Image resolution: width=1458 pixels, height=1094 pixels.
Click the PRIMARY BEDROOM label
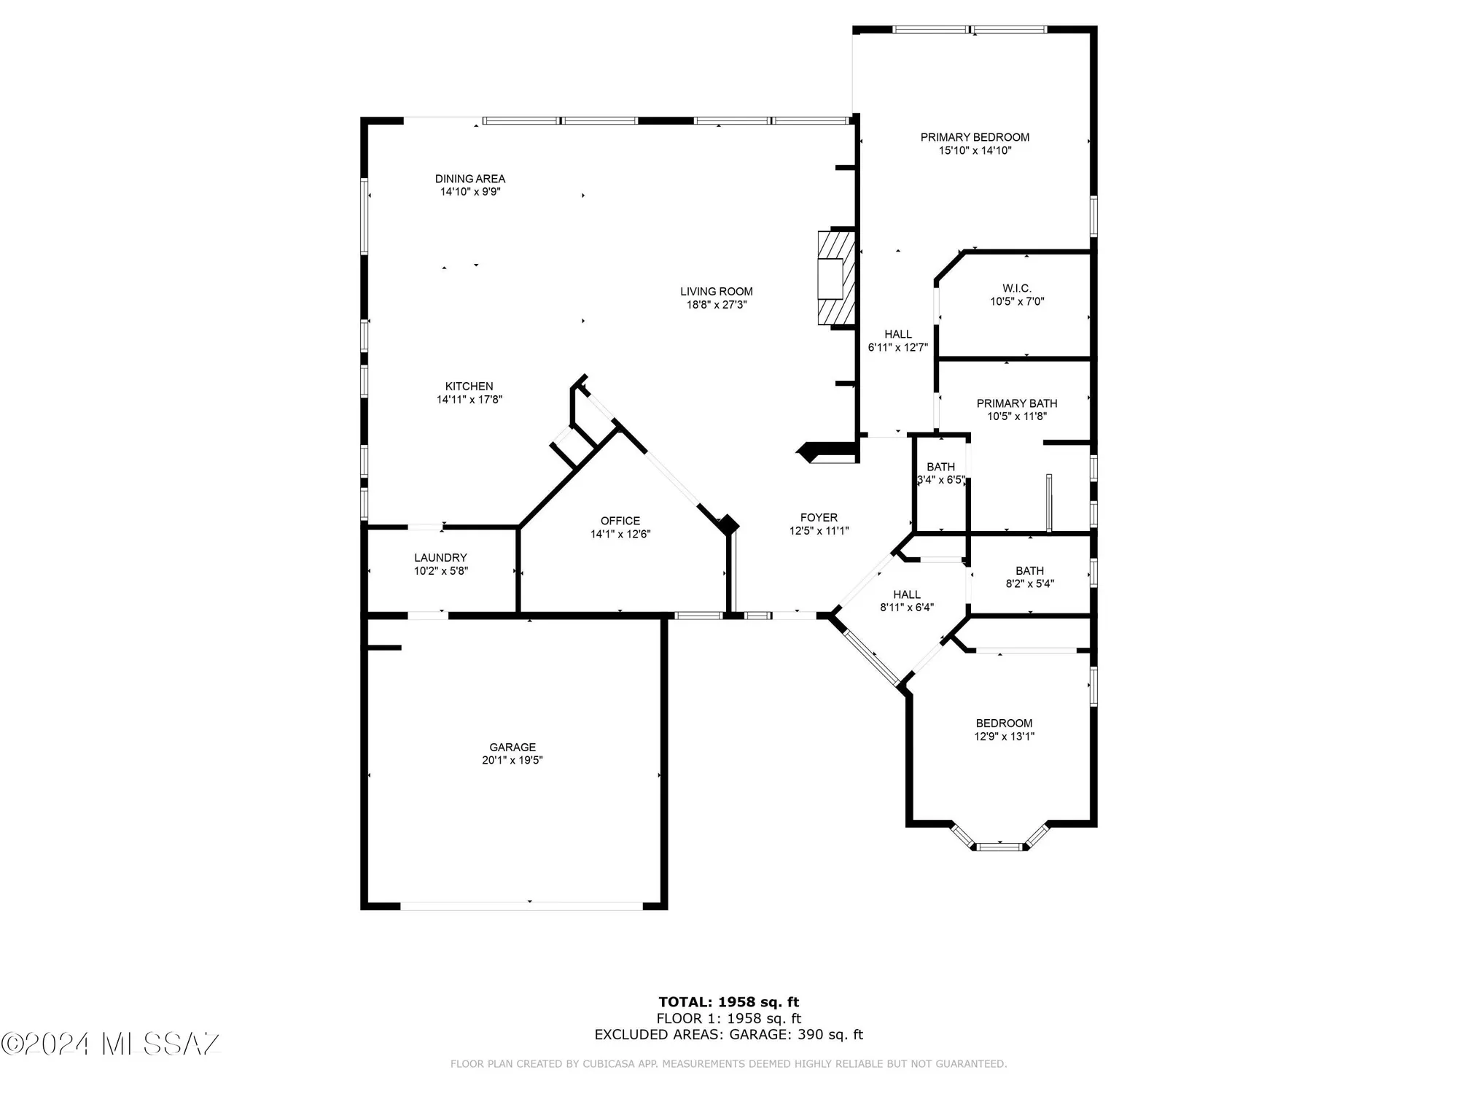(x=975, y=137)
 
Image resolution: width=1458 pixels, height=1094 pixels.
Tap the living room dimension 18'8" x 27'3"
(x=717, y=305)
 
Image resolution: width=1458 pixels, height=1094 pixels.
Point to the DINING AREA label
(x=470, y=179)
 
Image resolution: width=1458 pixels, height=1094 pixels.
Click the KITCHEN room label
(x=469, y=387)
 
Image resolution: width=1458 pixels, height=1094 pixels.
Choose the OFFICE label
(x=620, y=521)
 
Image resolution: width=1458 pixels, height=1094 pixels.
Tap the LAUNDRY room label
(x=440, y=558)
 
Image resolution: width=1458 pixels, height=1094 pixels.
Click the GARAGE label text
(x=512, y=747)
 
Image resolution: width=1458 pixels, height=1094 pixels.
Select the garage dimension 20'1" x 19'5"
(x=512, y=761)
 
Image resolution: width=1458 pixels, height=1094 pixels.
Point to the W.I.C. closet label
(x=1016, y=289)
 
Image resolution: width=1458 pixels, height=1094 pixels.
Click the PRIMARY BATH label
(x=1016, y=403)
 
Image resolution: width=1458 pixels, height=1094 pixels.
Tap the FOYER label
(x=819, y=518)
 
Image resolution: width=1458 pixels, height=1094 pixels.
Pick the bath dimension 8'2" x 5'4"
(x=1029, y=583)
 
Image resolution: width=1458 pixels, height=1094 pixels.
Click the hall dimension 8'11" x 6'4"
(x=906, y=607)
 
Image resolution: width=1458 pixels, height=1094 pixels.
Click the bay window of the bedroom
(x=999, y=846)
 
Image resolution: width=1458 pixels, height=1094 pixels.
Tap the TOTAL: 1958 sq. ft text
(x=728, y=1002)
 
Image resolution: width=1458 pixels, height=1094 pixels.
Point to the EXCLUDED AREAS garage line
(x=728, y=1034)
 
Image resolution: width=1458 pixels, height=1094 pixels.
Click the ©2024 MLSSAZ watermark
(x=111, y=1044)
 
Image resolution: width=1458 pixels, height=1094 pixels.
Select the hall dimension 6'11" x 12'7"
(x=897, y=348)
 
